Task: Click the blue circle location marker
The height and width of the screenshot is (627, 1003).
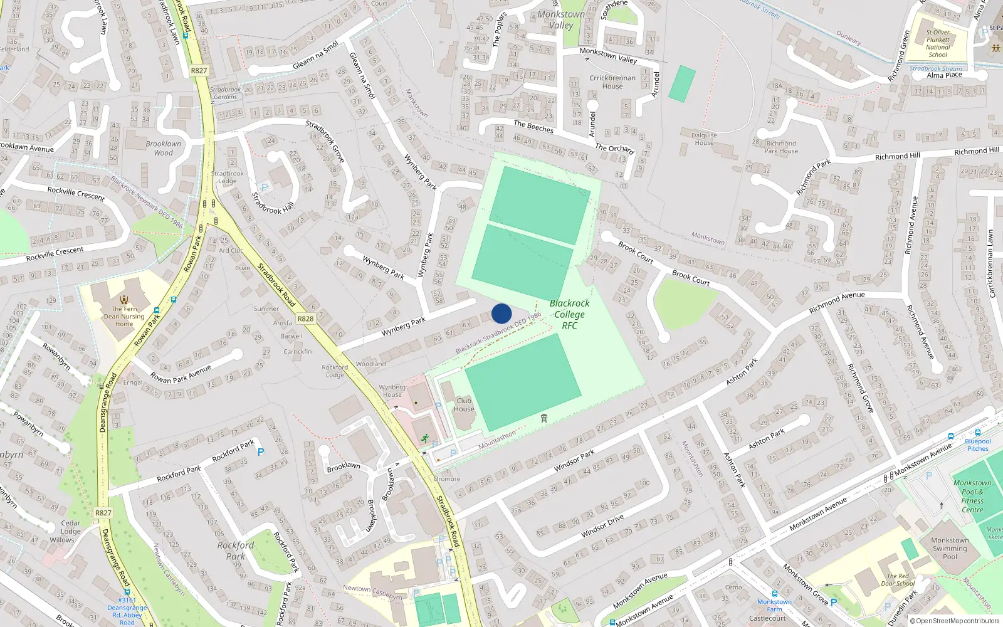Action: pyautogui.click(x=501, y=313)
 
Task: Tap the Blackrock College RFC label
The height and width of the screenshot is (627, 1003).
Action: pyautogui.click(x=569, y=314)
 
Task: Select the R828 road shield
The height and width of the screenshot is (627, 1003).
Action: pyautogui.click(x=305, y=319)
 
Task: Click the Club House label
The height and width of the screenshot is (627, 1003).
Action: pyautogui.click(x=464, y=405)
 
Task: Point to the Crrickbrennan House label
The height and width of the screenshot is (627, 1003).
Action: pyautogui.click(x=612, y=82)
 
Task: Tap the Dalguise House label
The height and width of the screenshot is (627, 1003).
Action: pyautogui.click(x=704, y=139)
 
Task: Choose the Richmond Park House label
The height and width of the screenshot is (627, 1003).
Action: pyautogui.click(x=781, y=147)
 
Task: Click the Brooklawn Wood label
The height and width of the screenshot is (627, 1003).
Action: pyautogui.click(x=163, y=148)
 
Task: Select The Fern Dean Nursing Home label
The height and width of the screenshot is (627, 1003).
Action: pyautogui.click(x=124, y=316)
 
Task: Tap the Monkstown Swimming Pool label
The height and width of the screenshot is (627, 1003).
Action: pyautogui.click(x=950, y=548)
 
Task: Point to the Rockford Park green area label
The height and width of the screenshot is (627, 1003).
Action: pyautogui.click(x=236, y=551)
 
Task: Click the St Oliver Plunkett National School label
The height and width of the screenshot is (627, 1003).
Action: pyautogui.click(x=938, y=43)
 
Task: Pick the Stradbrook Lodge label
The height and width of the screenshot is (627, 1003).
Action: pyautogui.click(x=228, y=177)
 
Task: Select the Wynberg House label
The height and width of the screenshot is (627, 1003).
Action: pyautogui.click(x=392, y=391)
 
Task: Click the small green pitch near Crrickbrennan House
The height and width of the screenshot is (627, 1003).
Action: pyautogui.click(x=682, y=84)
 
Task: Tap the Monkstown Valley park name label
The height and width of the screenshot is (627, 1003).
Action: pyautogui.click(x=561, y=19)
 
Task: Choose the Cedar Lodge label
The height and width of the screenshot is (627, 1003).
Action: pyautogui.click(x=70, y=527)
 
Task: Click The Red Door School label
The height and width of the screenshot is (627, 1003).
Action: pyautogui.click(x=898, y=579)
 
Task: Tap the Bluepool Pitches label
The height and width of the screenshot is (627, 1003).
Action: pyautogui.click(x=978, y=445)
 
